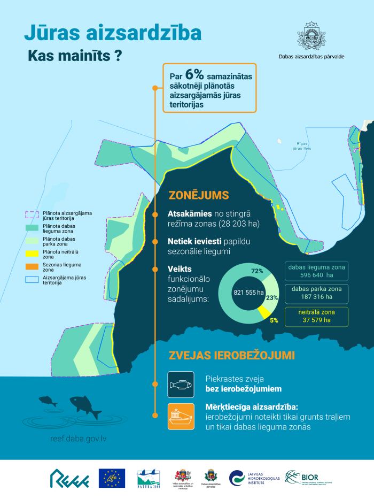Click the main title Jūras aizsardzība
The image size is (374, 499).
[113, 33]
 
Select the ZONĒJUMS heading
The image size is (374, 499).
[199, 195]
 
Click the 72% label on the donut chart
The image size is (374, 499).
[257, 271]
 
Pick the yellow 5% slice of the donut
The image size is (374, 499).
[263, 312]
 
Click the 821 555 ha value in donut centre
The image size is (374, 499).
[248, 293]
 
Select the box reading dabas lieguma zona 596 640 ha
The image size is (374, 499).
[316, 271]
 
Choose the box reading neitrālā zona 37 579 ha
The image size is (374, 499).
[316, 317]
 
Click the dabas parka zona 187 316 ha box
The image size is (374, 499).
[316, 293]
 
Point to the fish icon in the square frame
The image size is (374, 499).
[181, 385]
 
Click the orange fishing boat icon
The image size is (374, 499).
[181, 416]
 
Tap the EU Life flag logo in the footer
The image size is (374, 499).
[112, 478]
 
